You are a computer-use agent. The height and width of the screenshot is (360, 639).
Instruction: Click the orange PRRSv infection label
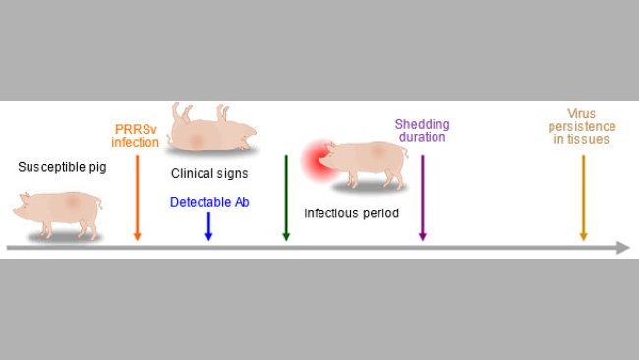(135, 136)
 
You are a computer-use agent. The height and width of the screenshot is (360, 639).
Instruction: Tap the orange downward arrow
(137, 197)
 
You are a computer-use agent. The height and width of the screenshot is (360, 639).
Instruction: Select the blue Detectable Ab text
(208, 202)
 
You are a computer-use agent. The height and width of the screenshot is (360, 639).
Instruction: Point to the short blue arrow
(208, 227)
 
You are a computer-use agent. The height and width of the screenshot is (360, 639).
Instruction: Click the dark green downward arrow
(286, 197)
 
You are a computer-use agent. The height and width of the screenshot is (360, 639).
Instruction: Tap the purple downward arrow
(422, 197)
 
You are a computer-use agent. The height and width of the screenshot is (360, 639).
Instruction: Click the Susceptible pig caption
(62, 167)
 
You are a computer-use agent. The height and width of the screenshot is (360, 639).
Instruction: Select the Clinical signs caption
(208, 174)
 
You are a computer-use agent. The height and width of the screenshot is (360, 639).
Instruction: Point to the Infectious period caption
(351, 212)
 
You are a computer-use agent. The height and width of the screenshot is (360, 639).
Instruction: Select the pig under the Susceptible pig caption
(59, 213)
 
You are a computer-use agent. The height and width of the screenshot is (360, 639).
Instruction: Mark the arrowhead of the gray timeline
(623, 248)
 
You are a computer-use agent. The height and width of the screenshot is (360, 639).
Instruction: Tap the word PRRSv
(135, 129)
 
